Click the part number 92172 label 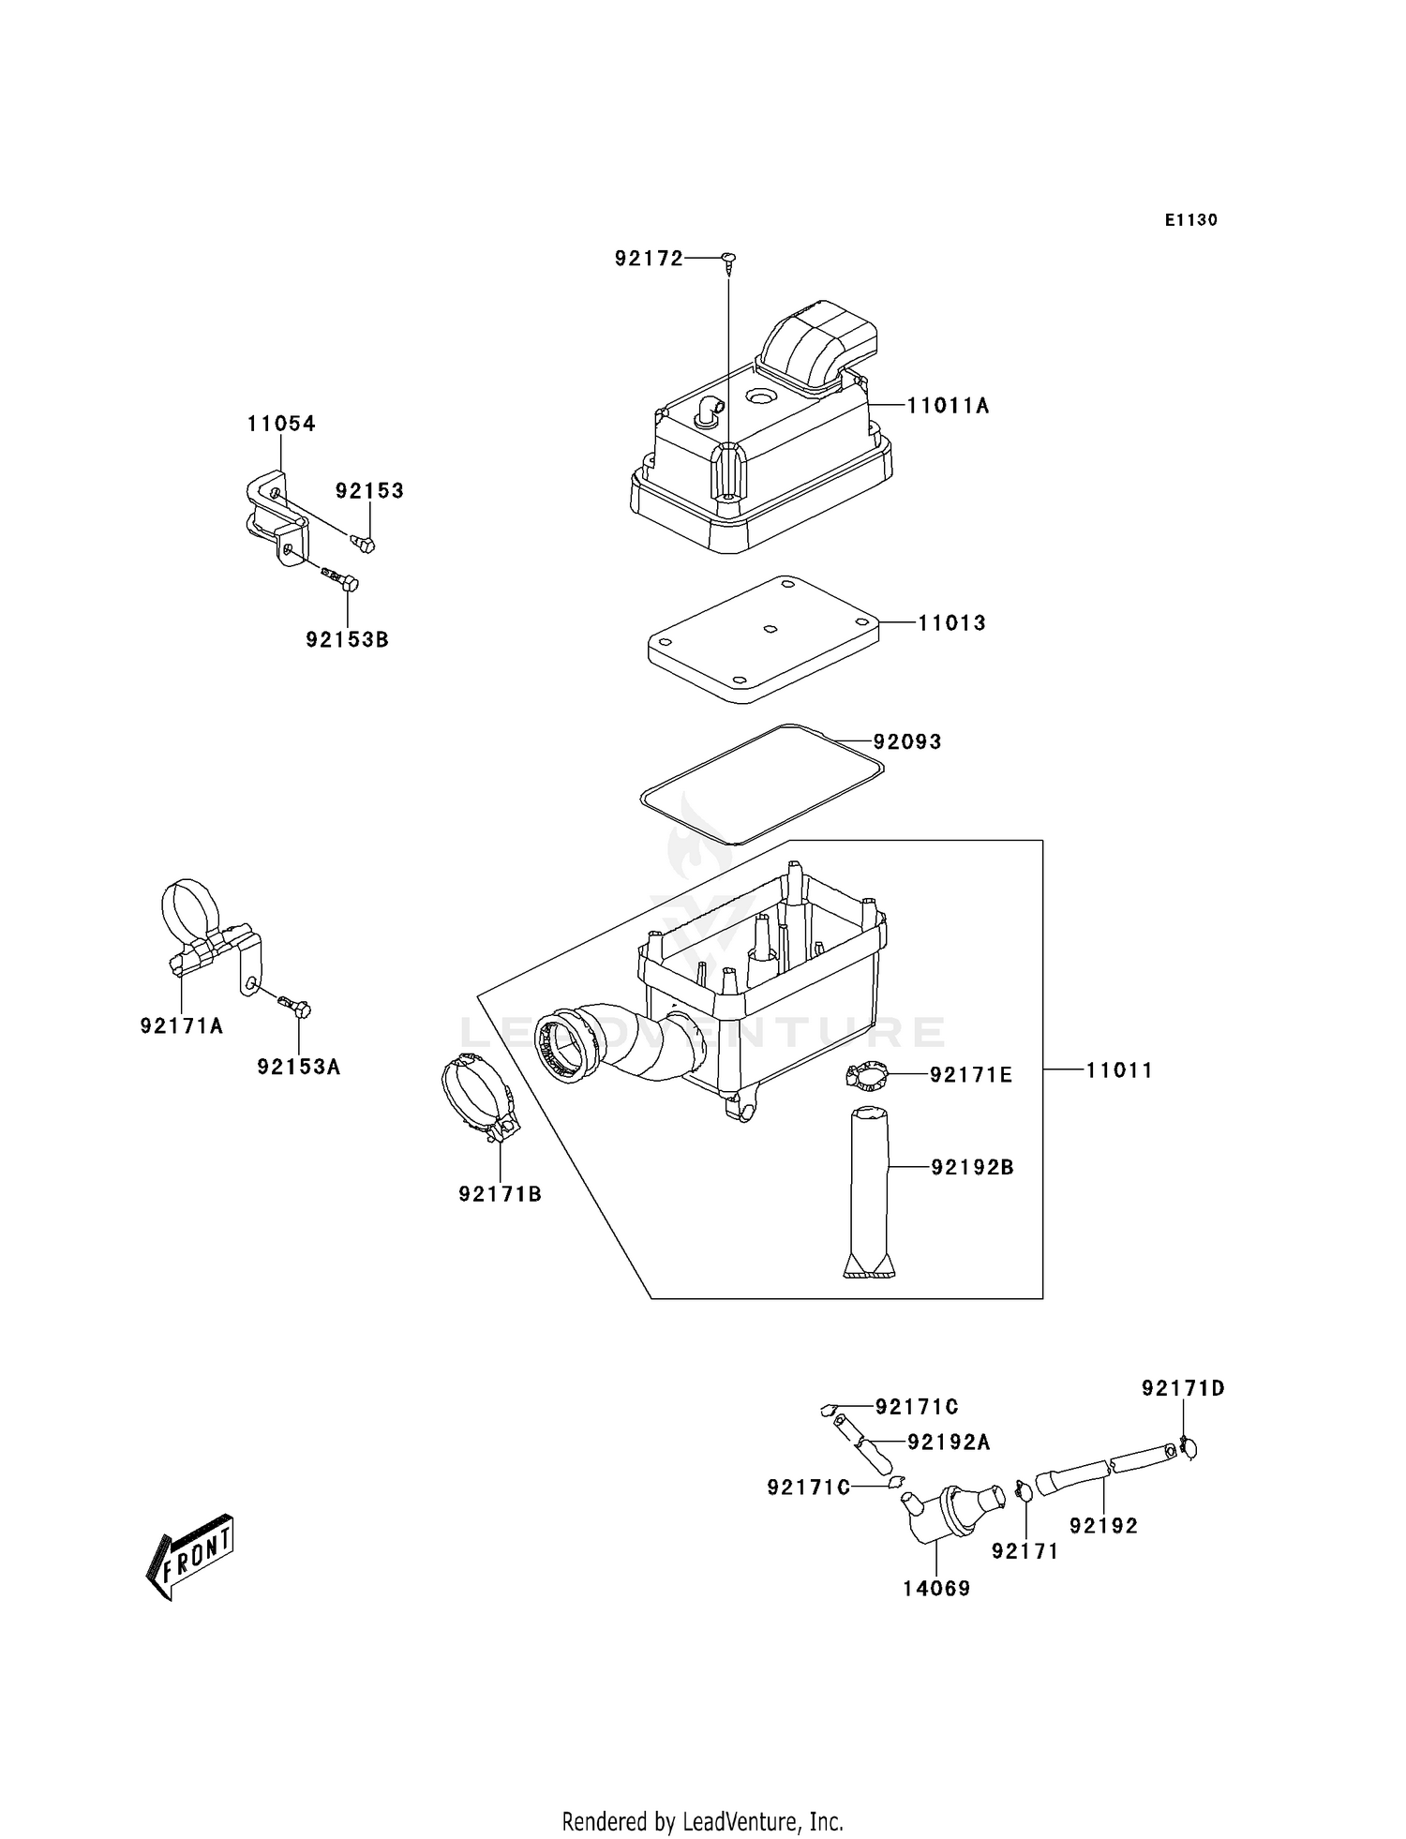[649, 259]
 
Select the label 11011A [948, 406]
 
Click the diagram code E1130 [1190, 220]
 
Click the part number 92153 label [369, 491]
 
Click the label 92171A [182, 1026]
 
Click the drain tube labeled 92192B [869, 1190]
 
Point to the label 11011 [1119, 1070]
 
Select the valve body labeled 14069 [947, 1514]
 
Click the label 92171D [1183, 1388]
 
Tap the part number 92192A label [948, 1443]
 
